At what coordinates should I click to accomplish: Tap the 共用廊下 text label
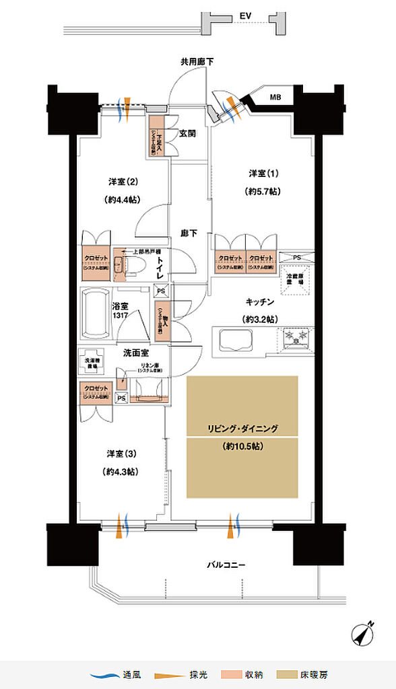click(x=197, y=62)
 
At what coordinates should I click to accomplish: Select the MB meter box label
click(x=275, y=98)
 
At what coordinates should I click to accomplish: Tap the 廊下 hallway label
click(x=188, y=233)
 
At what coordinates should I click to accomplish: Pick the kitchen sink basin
click(x=236, y=340)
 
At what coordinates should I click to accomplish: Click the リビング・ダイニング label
click(x=242, y=428)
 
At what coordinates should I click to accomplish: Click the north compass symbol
click(x=365, y=633)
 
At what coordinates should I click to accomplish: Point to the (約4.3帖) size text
click(x=121, y=472)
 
